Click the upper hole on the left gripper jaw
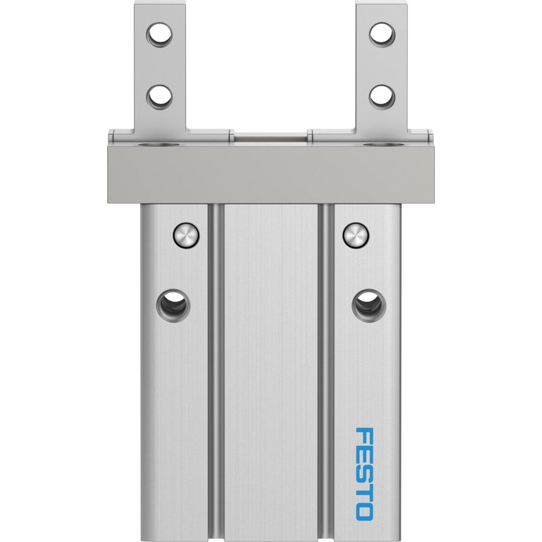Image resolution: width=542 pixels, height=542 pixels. [x=159, y=35]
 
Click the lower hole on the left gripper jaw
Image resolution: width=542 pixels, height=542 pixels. [x=159, y=98]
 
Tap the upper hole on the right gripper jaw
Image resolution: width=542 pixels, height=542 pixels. [x=382, y=35]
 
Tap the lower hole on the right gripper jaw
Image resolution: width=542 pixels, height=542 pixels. [x=382, y=98]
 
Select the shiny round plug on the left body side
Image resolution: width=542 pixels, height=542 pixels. [x=186, y=235]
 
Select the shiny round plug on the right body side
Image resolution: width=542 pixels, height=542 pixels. [x=356, y=235]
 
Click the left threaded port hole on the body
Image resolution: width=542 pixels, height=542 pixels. [x=173, y=306]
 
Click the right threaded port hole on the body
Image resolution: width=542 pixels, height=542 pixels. [x=369, y=306]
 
